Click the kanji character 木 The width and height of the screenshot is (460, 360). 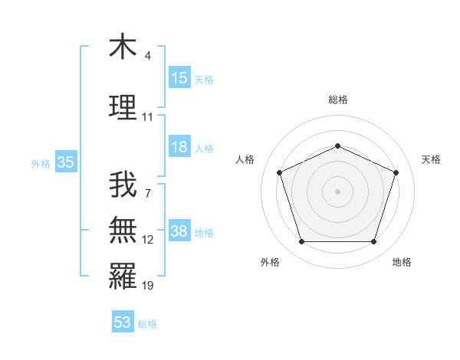pos(123,47)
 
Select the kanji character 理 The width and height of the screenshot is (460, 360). pos(123,107)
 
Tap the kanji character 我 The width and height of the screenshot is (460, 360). pos(123,184)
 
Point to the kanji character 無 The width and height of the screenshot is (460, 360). pos(123,230)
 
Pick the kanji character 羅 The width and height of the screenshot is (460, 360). pos(123,276)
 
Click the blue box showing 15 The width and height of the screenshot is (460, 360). pos(179,78)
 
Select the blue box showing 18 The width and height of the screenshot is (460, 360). pos(179,147)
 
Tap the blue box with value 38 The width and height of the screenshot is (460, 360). pos(179,232)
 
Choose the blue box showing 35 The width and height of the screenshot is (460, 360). pos(65,162)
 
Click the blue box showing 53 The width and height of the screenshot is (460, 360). pos(123,322)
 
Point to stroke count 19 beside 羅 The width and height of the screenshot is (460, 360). pos(148,286)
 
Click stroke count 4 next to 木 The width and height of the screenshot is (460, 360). pos(148,56)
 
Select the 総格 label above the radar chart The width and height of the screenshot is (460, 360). pos(338,100)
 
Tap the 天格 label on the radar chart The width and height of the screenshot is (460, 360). pos(431,159)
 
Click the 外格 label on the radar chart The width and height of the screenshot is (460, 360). pos(270,262)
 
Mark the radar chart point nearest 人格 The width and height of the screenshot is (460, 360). pos(279,172)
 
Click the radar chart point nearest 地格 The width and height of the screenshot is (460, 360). pos(373,242)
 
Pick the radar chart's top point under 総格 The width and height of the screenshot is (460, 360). pos(337,146)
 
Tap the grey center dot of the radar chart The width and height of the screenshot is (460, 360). pos(337,191)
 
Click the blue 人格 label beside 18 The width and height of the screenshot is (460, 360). pos(204,148)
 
